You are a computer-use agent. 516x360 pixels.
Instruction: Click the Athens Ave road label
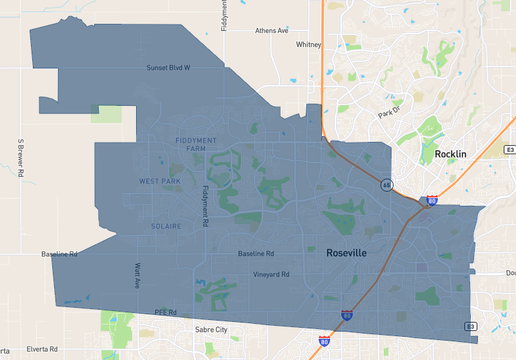pyautogui.click(x=272, y=30)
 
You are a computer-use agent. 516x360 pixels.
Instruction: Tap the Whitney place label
pyautogui.click(x=308, y=45)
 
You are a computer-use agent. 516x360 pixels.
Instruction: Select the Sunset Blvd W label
pyautogui.click(x=168, y=68)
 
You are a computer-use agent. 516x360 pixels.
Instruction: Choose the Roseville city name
pyautogui.click(x=346, y=253)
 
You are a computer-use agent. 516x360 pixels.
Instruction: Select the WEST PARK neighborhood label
pyautogui.click(x=160, y=181)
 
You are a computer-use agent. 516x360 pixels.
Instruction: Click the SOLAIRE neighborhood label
pyautogui.click(x=166, y=226)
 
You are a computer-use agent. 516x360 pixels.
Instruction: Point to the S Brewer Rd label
pyautogui.click(x=21, y=157)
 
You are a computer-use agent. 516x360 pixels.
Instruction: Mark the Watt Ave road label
pyautogui.click(x=137, y=275)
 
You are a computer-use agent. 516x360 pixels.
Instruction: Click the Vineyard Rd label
pyautogui.click(x=271, y=274)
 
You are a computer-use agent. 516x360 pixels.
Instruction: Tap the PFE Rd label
pyautogui.click(x=166, y=312)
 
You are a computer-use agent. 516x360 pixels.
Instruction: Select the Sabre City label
pyautogui.click(x=212, y=330)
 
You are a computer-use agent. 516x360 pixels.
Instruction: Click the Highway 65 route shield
pyautogui.click(x=386, y=185)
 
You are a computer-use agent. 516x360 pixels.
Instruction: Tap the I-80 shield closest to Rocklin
pyautogui.click(x=432, y=201)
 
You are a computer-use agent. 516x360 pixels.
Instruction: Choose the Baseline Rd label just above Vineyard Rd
pyautogui.click(x=256, y=254)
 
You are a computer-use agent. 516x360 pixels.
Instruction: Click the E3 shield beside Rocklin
pyautogui.click(x=510, y=150)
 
